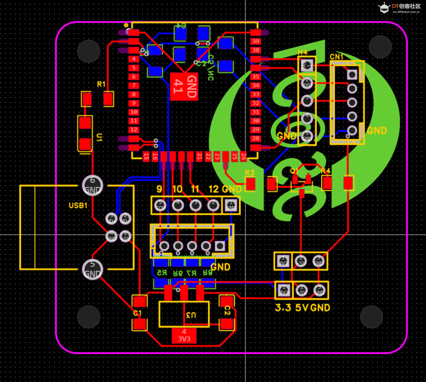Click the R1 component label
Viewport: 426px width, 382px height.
pos(101,84)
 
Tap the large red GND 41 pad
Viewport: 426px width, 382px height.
pos(184,87)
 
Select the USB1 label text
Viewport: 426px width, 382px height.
pos(78,205)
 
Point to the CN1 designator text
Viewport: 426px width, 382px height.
pos(336,57)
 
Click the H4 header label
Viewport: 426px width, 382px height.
pos(302,52)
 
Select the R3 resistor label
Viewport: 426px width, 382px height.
pos(250,172)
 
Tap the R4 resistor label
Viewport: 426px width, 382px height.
pos(326,171)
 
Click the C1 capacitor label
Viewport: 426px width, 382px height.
pos(137,313)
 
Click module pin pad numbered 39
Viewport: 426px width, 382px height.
pos(256,41)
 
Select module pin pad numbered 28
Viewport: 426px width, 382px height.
pos(256,138)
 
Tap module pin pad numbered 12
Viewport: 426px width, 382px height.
pos(134,130)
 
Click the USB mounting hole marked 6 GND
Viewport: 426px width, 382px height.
pos(92,185)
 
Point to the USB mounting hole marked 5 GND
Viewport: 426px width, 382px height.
pos(92,269)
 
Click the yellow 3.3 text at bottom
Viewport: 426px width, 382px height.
pos(283,308)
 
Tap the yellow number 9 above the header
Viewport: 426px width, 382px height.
pos(159,189)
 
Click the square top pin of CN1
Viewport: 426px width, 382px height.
pos(352,75)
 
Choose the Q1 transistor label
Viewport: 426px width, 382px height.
pos(294,171)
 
